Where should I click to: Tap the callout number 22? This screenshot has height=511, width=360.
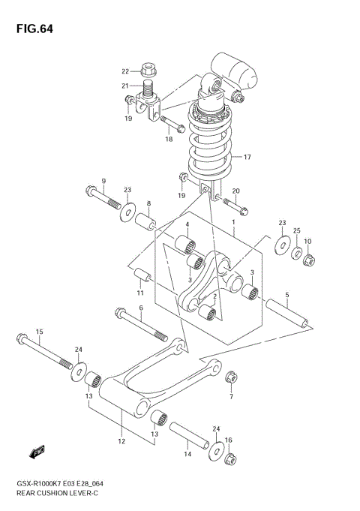tap(126, 71)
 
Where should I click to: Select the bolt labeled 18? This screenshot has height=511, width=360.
tap(172, 125)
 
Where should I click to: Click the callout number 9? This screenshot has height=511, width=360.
tap(104, 181)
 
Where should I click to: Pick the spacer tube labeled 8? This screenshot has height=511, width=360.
tap(145, 223)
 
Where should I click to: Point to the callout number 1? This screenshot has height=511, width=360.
tap(233, 222)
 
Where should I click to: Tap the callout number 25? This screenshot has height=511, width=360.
tap(296, 230)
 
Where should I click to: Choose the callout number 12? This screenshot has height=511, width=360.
tap(121, 442)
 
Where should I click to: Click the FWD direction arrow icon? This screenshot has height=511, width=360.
tap(35, 452)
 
